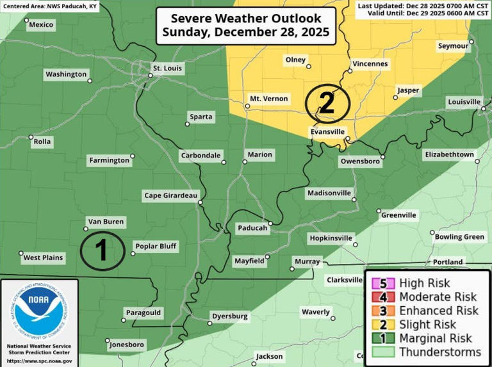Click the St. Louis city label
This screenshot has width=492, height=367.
click(167, 68)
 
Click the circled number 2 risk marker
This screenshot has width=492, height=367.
click(327, 103)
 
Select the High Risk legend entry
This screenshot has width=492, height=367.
click(424, 283)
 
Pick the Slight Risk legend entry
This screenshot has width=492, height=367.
click(427, 325)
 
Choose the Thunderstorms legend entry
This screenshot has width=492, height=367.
click(439, 352)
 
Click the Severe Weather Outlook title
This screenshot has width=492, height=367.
click(246, 26)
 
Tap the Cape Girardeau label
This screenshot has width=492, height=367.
click(171, 195)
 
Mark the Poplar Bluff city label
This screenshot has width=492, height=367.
click(155, 246)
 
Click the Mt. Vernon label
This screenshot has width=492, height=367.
click(268, 99)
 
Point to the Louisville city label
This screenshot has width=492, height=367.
click(464, 102)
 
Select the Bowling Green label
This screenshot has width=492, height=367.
click(459, 237)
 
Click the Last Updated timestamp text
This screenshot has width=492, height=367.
click(423, 5)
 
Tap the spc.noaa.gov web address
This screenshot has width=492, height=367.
click(38, 361)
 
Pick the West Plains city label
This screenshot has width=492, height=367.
click(44, 258)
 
